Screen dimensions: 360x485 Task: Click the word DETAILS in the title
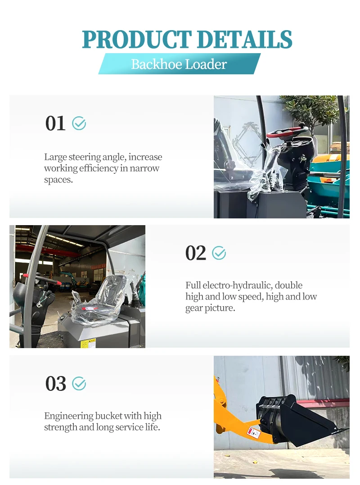click(244, 39)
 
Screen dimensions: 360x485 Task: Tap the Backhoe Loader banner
click(180, 63)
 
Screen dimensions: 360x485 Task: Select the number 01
click(55, 123)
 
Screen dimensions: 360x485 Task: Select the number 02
click(196, 253)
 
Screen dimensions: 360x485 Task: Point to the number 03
click(56, 384)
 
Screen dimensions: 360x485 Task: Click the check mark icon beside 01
click(79, 123)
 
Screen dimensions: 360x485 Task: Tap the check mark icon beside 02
click(219, 253)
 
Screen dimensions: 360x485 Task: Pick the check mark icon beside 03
click(79, 384)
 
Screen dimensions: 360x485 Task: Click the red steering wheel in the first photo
click(287, 132)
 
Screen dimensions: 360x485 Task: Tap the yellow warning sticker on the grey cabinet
click(88, 343)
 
